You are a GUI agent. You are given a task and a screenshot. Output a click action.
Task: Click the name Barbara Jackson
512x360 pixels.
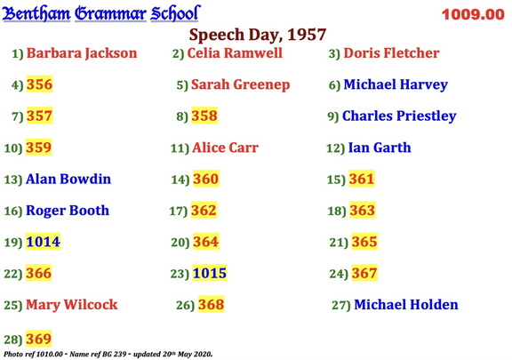click(x=82, y=53)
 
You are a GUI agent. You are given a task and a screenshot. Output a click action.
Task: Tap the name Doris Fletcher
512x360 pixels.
click(x=391, y=53)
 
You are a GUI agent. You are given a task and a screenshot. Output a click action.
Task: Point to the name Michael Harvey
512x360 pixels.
click(x=396, y=85)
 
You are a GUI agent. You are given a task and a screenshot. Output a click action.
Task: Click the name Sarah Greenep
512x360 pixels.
click(x=236, y=85)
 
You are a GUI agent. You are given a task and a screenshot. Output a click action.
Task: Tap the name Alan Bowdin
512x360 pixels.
click(x=68, y=180)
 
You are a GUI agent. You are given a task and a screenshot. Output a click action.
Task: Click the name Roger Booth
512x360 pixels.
click(x=68, y=211)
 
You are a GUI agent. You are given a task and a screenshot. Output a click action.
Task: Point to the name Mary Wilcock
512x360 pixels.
click(x=71, y=305)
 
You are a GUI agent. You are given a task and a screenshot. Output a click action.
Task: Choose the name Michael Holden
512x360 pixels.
click(x=406, y=305)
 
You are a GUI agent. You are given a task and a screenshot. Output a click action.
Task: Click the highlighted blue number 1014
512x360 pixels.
click(x=43, y=242)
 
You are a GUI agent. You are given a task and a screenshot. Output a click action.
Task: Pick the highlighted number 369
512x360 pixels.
click(x=38, y=339)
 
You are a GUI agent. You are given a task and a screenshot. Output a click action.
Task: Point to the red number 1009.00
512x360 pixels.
click(x=472, y=14)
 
